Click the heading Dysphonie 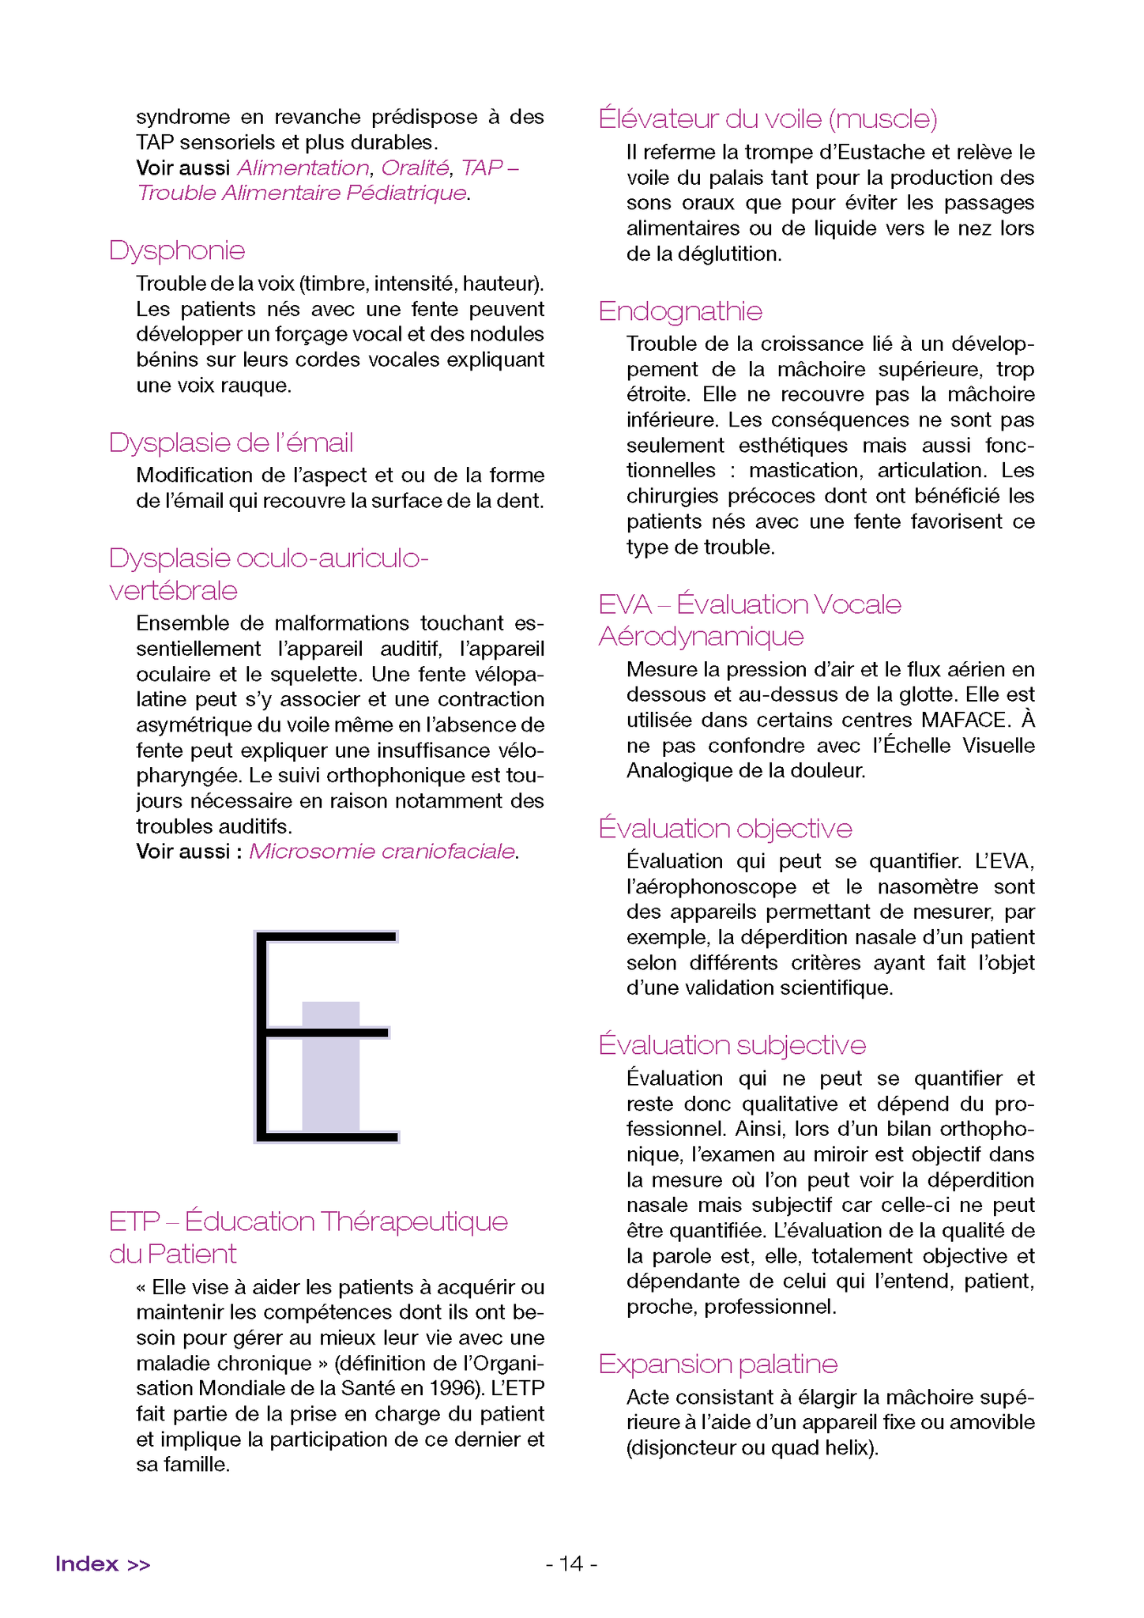(177, 250)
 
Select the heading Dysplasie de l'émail (231, 442)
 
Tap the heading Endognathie (680, 311)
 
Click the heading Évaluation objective (725, 828)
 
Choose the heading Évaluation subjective (732, 1045)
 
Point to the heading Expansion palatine (718, 1364)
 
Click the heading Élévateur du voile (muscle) (768, 119)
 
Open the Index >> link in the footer (103, 1563)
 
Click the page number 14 (571, 1563)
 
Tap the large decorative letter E (326, 1036)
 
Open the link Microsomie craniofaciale (382, 852)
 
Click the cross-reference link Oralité (415, 167)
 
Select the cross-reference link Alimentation (303, 167)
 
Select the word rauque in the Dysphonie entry (262, 385)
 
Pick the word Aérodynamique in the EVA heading (702, 637)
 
